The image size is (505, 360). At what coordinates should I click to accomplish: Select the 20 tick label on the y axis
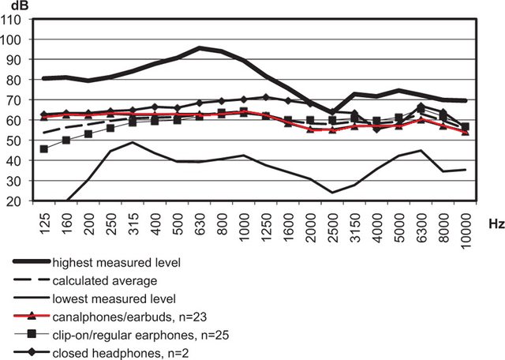21,201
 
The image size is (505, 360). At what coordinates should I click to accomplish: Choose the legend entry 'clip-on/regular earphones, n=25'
140,336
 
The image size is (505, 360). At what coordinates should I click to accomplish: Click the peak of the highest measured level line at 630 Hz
200,48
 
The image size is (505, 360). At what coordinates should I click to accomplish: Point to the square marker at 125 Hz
45,148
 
